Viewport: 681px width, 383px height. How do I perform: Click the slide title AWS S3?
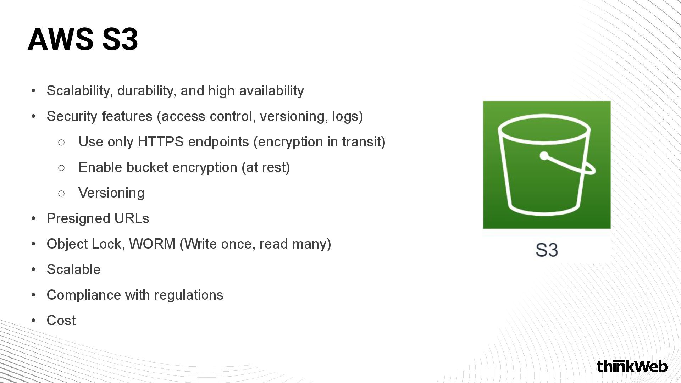pos(83,39)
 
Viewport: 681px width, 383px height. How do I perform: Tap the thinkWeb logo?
pos(632,366)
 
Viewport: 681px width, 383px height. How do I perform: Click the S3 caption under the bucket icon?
pos(547,250)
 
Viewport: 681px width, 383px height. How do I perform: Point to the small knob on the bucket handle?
pos(544,156)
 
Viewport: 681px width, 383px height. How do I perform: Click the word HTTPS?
pos(160,142)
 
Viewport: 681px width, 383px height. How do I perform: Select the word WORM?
pos(152,244)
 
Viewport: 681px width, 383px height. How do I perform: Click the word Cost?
pos(61,321)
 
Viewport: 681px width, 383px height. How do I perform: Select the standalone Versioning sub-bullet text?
pos(111,193)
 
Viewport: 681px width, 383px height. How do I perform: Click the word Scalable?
pos(73,270)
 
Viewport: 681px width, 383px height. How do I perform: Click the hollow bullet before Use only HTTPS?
pos(61,142)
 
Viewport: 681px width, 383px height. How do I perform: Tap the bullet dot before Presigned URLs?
pos(33,218)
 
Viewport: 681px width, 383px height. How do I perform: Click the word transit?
pos(362,142)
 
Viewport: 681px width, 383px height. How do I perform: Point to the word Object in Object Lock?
pos(67,244)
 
